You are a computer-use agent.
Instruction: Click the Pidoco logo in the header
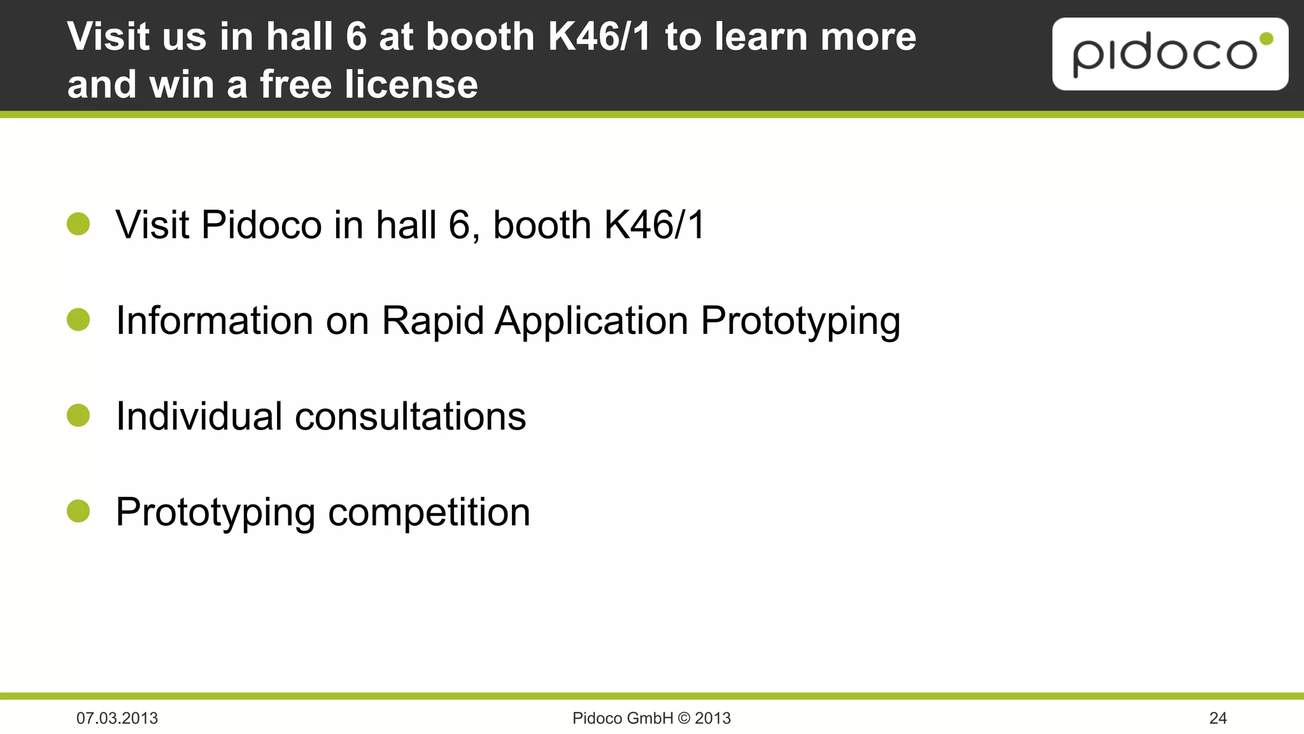coord(1170,54)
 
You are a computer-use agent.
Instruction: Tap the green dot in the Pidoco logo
coord(1266,40)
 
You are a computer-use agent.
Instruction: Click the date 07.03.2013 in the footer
coord(117,718)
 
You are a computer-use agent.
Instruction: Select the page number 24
coord(1217,718)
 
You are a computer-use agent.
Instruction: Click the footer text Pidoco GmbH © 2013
coord(651,718)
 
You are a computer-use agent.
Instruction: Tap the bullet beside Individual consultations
coord(78,415)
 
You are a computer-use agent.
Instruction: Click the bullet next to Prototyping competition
coord(78,511)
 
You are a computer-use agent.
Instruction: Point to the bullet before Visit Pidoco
coord(78,224)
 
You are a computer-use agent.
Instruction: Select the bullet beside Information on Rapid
coord(78,320)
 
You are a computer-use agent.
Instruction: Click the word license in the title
coord(411,84)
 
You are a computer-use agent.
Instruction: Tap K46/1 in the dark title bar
coord(599,36)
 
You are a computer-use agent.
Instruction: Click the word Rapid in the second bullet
coord(432,320)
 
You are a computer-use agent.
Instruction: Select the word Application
coord(592,320)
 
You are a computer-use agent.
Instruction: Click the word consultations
coord(410,417)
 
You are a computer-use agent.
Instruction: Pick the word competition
coord(429,512)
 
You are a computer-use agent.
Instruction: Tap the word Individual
coord(199,417)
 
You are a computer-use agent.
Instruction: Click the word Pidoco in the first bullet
coord(262,225)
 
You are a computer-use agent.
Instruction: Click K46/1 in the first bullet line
coord(654,225)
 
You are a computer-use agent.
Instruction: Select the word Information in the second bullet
coord(215,320)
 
